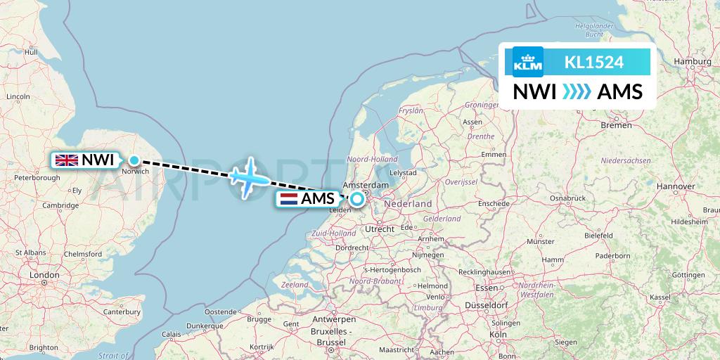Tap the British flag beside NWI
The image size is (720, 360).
point(67,160)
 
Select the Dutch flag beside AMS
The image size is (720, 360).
point(289,199)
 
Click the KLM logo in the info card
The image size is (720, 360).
point(528,62)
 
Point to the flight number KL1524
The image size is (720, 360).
point(594,62)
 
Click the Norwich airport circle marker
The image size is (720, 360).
point(134,160)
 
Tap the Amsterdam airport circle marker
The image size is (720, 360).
point(357,199)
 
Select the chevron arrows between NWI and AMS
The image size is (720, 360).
point(577,92)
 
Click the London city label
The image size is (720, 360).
point(44,275)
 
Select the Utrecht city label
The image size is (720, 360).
point(380,229)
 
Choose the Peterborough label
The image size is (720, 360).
point(37,178)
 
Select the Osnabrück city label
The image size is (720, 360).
point(568,198)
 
